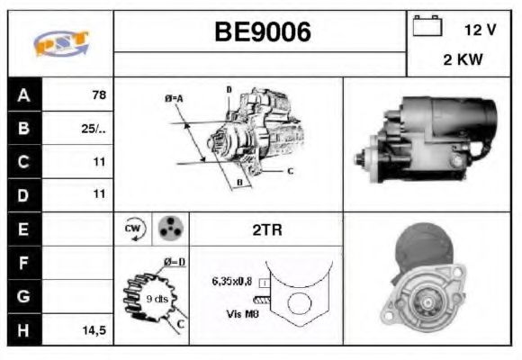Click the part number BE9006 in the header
[261, 32]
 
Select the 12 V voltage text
[480, 30]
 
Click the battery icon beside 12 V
[427, 28]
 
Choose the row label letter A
[23, 94]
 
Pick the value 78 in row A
[98, 94]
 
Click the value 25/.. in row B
[94, 128]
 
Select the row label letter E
[23, 229]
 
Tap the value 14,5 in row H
[94, 330]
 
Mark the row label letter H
[23, 330]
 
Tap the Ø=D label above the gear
[174, 262]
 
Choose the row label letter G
[23, 296]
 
